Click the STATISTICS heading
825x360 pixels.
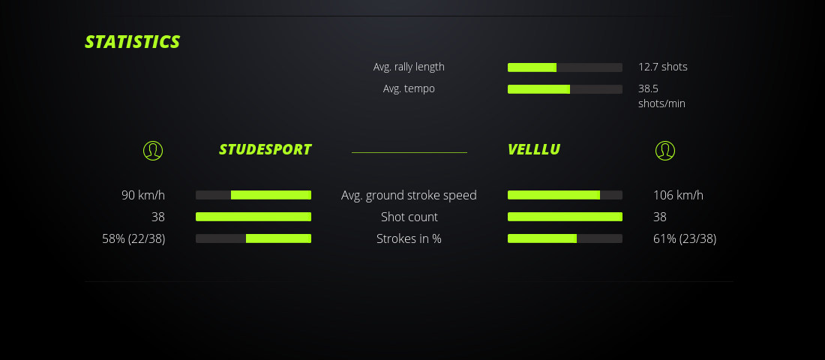click(x=133, y=41)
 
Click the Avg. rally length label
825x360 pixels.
click(x=409, y=67)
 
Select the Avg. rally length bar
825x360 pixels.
click(x=565, y=67)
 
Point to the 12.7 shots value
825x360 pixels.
click(x=662, y=67)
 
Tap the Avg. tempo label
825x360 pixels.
click(x=409, y=88)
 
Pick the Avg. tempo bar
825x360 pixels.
click(x=565, y=89)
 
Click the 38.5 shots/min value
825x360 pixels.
click(x=661, y=96)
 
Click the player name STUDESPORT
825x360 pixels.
click(x=265, y=149)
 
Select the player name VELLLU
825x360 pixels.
click(x=533, y=149)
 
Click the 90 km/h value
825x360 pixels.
click(x=143, y=195)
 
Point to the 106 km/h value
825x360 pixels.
click(x=678, y=195)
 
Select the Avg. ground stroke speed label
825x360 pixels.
click(x=409, y=195)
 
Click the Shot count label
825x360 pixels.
click(x=409, y=217)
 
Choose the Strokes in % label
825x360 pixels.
click(x=409, y=238)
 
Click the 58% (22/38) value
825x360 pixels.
click(x=133, y=238)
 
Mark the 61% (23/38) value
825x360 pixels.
click(x=685, y=238)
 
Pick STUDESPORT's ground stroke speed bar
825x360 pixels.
click(x=253, y=195)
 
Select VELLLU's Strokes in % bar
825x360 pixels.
click(x=565, y=238)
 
